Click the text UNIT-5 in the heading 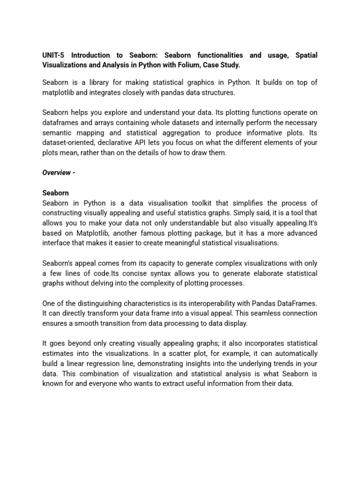(x=54, y=55)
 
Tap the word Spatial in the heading (x=306, y=55)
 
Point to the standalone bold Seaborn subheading (x=55, y=193)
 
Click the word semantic (x=58, y=133)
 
